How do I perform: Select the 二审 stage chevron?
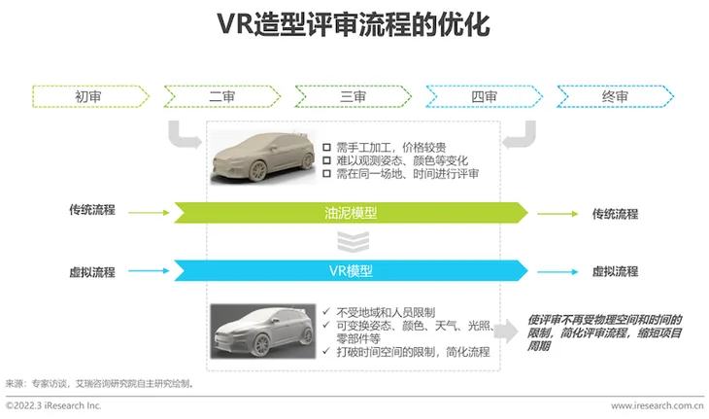[222, 96]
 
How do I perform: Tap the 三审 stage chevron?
[354, 96]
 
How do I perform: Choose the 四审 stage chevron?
[485, 96]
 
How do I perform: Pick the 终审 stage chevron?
[616, 96]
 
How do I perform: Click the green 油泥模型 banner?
[351, 213]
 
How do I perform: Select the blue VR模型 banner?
[351, 270]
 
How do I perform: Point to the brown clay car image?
[263, 157]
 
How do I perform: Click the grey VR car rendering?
[263, 332]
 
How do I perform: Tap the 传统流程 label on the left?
[92, 210]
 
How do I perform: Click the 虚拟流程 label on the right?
[616, 271]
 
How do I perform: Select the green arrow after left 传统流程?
[149, 212]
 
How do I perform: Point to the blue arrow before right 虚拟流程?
[557, 272]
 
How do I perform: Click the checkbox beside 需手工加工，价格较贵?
[327, 148]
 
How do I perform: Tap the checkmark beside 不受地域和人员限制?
[326, 311]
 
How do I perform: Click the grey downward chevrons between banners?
[354, 242]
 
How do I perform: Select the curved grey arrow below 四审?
[519, 134]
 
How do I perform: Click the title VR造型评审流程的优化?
[354, 24]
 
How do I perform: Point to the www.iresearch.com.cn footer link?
[658, 406]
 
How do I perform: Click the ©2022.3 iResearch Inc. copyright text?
[53, 405]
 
